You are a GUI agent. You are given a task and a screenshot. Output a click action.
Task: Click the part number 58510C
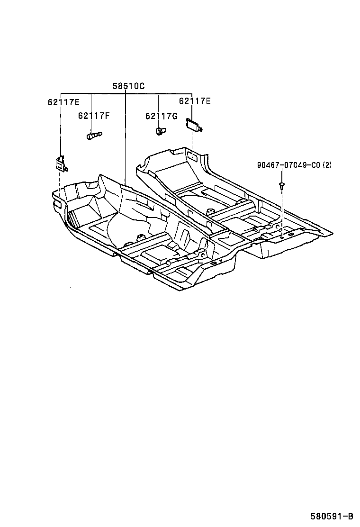click(128, 86)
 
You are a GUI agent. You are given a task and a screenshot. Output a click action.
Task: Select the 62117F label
click(94, 116)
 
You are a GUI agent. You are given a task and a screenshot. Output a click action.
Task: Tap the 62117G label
click(161, 116)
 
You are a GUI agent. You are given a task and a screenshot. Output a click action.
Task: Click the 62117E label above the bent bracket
click(63, 102)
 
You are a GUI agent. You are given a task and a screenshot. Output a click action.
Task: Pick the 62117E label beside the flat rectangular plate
click(195, 101)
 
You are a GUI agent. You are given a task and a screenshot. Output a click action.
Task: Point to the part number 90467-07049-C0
click(288, 165)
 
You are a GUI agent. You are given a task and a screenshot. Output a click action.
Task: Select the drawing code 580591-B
click(332, 516)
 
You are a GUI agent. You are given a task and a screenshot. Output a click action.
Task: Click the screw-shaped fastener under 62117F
click(94, 136)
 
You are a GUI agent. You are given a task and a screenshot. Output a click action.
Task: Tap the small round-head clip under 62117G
click(160, 130)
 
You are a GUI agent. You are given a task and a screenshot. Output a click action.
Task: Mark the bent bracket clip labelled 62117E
click(60, 164)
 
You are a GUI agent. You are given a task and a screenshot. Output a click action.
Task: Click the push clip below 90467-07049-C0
click(282, 185)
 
